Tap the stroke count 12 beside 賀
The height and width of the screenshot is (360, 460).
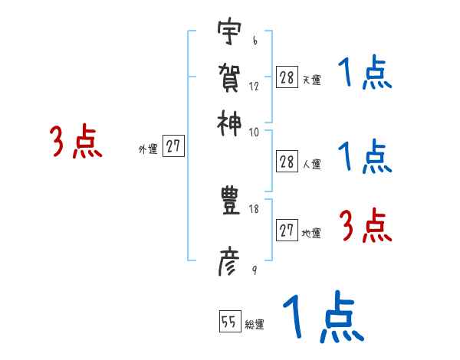(254, 86)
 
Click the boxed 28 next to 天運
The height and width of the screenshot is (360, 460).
(287, 77)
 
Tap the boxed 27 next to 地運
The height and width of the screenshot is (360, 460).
(287, 231)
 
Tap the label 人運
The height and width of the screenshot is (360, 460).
(311, 164)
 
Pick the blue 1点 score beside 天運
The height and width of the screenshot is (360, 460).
(364, 75)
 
